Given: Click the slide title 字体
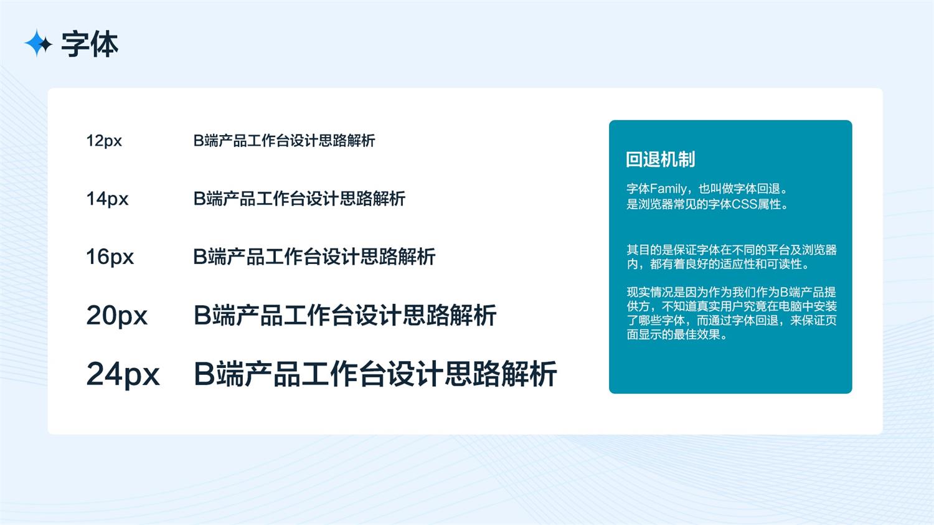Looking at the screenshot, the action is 90,44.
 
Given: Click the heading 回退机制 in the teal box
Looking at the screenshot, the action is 661,159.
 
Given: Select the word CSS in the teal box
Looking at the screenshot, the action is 745,204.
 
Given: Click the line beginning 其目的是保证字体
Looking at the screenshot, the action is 732,250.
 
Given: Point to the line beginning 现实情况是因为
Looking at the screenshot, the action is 732,292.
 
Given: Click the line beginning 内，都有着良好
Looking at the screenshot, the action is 718,264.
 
